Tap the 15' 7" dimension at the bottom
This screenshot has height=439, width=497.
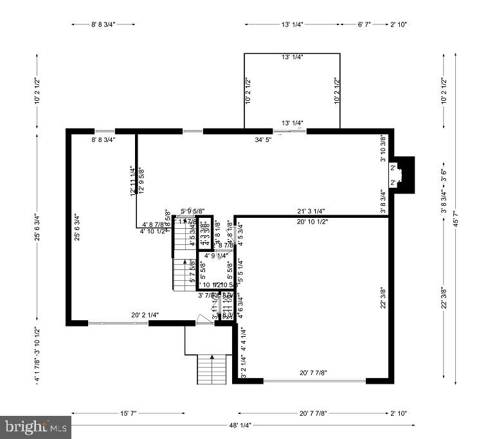tap(128, 413)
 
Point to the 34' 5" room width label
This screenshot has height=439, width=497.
tap(263, 139)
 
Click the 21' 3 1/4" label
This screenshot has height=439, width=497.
tap(311, 211)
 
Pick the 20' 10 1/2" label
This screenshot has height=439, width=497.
tap(312, 222)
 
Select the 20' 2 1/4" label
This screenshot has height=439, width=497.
tap(145, 315)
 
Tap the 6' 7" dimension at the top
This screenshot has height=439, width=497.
tap(364, 24)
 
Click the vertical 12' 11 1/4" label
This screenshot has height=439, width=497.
tap(132, 181)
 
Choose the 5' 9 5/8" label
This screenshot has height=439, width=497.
tap(192, 211)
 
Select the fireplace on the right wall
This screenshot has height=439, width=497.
tap(402, 175)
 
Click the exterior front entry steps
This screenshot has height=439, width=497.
tap(213, 369)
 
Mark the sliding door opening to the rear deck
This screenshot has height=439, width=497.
tap(289, 131)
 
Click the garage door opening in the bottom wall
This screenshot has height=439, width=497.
tap(314, 381)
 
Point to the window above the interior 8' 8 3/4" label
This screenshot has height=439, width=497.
tap(105, 131)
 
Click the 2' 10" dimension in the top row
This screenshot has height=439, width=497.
tap(398, 24)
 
